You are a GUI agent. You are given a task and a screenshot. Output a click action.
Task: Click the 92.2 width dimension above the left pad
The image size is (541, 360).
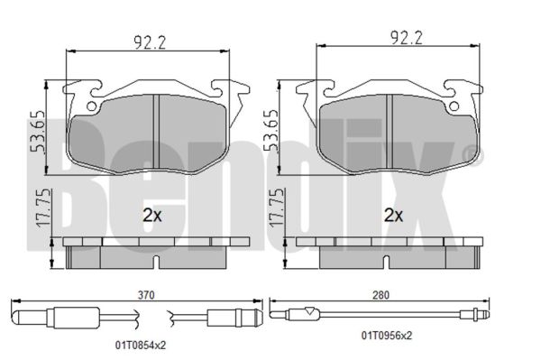[x=150, y=43]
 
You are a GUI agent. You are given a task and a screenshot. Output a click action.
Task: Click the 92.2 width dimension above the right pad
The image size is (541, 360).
[x=406, y=37]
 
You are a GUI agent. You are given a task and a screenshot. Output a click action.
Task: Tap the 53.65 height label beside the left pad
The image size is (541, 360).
[x=37, y=132]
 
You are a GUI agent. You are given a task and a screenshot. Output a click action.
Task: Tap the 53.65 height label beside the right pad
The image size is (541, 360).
[x=270, y=131]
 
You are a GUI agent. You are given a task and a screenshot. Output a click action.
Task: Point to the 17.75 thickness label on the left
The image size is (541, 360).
[x=43, y=208]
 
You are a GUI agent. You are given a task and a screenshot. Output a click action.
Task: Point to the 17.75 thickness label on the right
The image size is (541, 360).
[x=277, y=208]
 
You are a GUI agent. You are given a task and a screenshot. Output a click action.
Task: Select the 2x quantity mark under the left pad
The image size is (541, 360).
[x=152, y=216]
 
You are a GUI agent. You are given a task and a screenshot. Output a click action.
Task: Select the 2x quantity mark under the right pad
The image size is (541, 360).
[x=394, y=216]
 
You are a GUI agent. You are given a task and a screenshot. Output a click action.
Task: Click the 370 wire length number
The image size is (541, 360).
[x=146, y=295]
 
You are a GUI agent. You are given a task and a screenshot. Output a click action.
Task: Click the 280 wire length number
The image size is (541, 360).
[x=381, y=295]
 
